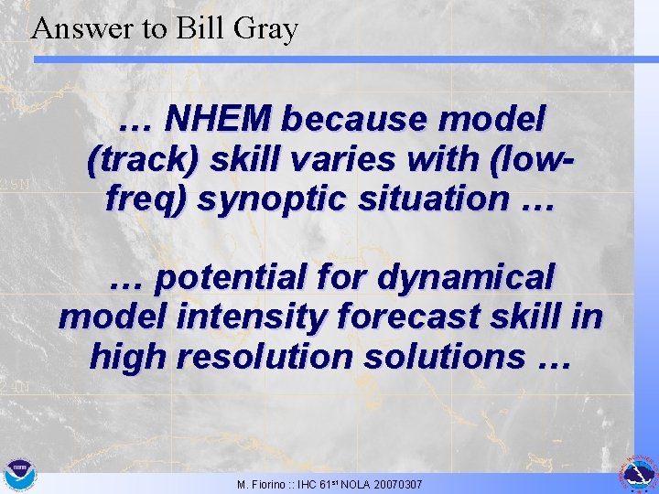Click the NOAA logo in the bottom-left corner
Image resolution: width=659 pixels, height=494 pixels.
pos(17,475)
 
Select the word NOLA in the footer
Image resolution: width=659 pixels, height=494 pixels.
pos(353,483)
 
